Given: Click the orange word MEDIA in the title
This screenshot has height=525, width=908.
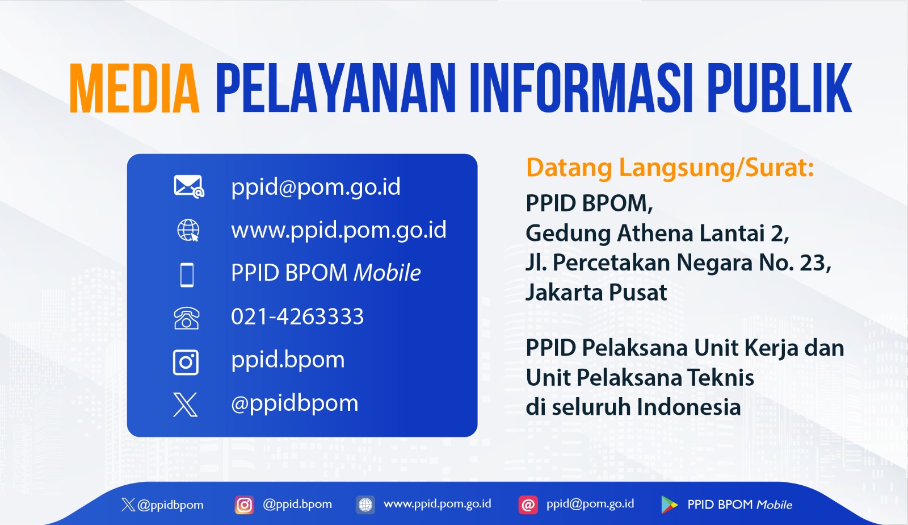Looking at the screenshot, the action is point(134,88).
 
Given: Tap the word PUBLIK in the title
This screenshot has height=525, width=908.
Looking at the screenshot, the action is point(780,88).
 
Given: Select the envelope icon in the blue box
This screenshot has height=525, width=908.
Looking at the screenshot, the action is point(189,186).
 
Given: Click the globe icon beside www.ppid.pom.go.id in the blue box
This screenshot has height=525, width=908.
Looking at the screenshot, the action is point(188,231).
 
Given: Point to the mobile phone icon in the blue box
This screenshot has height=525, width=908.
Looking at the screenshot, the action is point(187,275).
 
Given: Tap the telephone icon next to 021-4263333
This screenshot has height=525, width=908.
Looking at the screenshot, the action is point(187,318).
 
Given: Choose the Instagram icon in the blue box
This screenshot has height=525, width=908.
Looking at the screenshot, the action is point(186,362).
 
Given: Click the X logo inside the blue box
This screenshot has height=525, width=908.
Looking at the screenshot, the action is point(185,405).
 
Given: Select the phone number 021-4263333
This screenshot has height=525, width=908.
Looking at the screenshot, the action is point(297,316).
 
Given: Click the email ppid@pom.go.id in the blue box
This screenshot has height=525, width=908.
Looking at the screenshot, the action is point(316,187).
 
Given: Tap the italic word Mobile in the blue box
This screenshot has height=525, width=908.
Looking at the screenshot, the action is point(387,272).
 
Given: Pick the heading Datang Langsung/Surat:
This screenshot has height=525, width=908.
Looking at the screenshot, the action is point(670,168).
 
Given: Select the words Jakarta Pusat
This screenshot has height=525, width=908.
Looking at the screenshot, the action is point(596,293).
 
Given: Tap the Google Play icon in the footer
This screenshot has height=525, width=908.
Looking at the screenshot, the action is point(670,505).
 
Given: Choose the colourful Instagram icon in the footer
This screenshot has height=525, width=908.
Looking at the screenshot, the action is point(245,505).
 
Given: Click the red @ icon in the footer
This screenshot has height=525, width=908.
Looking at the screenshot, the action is point(528,505).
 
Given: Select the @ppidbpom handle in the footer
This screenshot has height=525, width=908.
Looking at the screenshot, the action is point(170,505).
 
